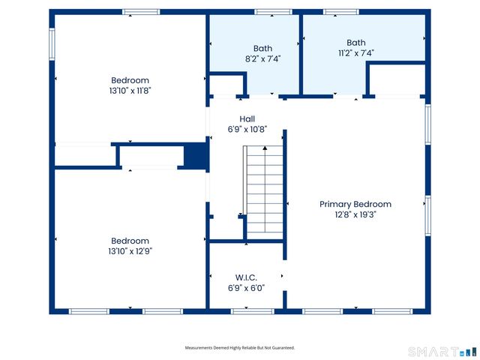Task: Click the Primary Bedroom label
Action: (355, 204)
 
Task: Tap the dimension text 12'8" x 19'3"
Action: (355, 214)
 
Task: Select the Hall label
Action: (247, 119)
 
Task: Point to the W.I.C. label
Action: (247, 277)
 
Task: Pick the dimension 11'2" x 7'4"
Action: (355, 53)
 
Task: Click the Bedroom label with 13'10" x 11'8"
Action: (130, 80)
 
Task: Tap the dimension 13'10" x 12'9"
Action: (130, 251)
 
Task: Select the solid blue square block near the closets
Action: (195, 155)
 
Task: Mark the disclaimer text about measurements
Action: (240, 348)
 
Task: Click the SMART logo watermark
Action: (441, 351)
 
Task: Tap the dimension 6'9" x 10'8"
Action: (247, 129)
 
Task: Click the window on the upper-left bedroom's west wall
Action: (52, 44)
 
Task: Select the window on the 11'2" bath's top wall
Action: (340, 12)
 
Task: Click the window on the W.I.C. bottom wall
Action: (252, 311)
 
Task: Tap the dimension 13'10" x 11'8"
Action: (130, 90)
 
